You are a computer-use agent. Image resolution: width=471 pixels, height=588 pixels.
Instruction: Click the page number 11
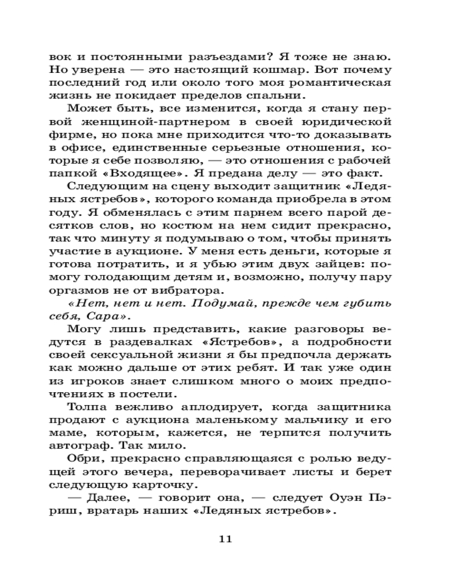click(x=226, y=539)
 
